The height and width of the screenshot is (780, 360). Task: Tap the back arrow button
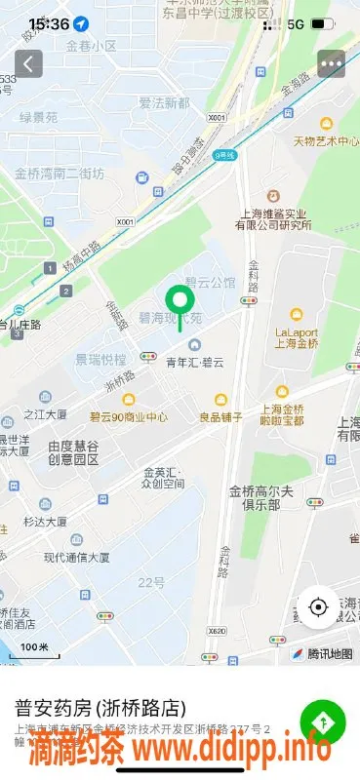(28, 64)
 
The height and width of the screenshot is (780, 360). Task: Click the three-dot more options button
(332, 64)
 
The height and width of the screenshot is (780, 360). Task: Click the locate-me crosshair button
(318, 607)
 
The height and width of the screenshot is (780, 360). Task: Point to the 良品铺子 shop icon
(221, 399)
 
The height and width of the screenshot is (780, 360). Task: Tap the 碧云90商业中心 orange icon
(129, 399)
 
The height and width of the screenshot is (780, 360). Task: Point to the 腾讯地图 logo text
(330, 652)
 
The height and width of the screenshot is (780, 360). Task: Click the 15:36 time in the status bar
(49, 22)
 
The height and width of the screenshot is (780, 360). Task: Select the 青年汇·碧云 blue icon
(195, 344)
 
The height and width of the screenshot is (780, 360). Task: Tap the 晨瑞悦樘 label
(101, 359)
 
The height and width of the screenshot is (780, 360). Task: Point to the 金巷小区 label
(91, 46)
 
